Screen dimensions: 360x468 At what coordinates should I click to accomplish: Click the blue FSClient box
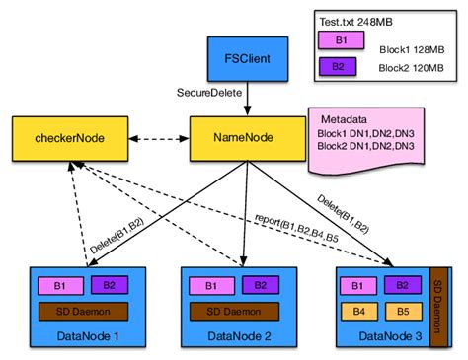(x=242, y=58)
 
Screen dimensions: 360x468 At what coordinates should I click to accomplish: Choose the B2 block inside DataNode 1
(x=109, y=286)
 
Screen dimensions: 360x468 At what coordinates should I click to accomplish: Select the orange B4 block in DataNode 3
(x=359, y=314)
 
